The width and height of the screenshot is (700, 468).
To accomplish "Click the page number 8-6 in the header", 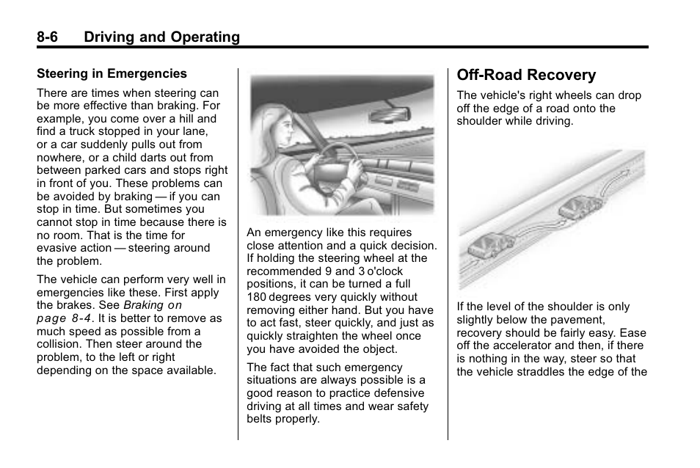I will (x=51, y=37).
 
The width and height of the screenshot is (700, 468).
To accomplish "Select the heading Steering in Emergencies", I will (x=112, y=73).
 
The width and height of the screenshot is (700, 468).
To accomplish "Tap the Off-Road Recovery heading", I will (x=526, y=75).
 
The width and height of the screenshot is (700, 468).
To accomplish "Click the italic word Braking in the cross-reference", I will (x=143, y=305).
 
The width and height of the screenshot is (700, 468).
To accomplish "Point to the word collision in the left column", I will (x=60, y=344).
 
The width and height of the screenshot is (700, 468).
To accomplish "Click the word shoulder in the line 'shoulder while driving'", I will (x=480, y=121).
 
